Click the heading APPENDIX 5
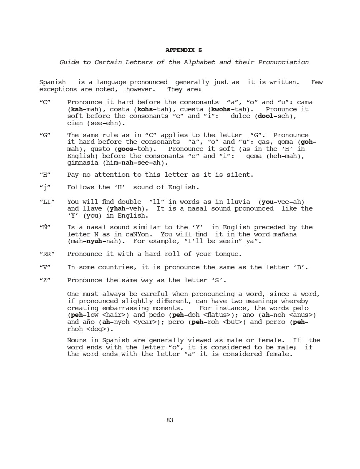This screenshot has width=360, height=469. (184, 50)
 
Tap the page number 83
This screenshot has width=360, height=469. (170, 420)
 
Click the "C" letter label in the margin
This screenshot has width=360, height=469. (45, 103)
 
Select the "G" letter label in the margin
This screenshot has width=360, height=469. (45, 135)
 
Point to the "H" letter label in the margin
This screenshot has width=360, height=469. (45, 175)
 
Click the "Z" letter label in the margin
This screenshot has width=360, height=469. (45, 281)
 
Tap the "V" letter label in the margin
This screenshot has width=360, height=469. (45, 268)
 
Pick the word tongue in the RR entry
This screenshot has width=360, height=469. (228, 254)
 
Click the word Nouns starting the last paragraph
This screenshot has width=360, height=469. (77, 341)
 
